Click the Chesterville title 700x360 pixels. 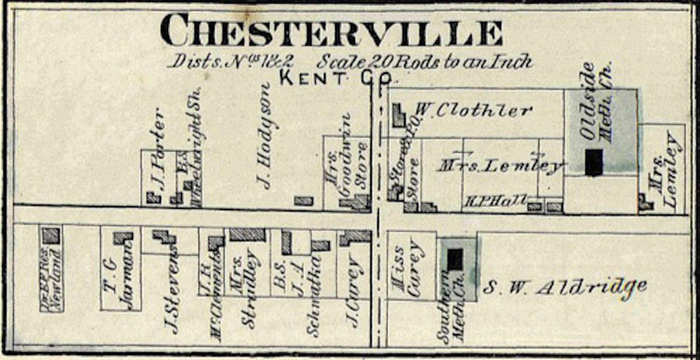[x=331, y=31]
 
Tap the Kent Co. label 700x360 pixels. [x=337, y=78]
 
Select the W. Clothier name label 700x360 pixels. [x=473, y=110]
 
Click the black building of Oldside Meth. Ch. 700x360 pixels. [x=594, y=162]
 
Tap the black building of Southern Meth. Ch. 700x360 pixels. [x=455, y=259]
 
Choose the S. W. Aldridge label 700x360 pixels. [x=565, y=287]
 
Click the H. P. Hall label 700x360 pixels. [x=495, y=202]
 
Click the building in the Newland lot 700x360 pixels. [x=51, y=235]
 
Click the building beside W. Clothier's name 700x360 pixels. [x=399, y=116]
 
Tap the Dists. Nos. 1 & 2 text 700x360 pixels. [x=231, y=61]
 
